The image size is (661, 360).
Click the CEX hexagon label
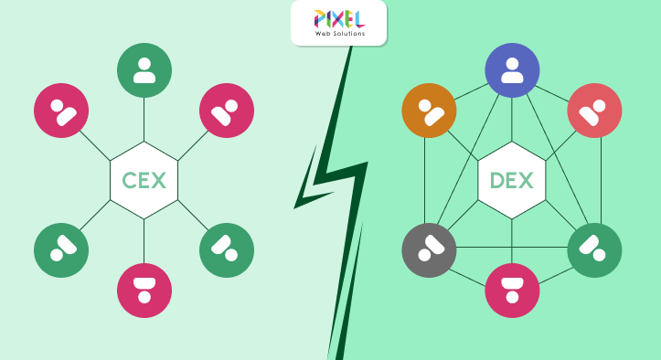click(144, 180)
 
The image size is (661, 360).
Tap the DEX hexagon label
click(512, 180)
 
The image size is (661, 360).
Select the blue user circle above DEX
click(512, 70)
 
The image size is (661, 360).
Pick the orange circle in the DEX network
click(429, 111)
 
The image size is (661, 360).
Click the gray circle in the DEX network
click(429, 249)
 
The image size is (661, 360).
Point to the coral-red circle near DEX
click(594, 111)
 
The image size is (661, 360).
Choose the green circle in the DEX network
click(594, 249)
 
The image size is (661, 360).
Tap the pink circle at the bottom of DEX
click(512, 291)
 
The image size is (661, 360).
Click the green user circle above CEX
click(144, 70)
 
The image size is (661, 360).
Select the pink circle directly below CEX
click(144, 291)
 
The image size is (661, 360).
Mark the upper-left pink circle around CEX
click(61, 111)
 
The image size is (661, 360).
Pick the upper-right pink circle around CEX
click(227, 111)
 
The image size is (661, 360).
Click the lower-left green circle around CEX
click(61, 249)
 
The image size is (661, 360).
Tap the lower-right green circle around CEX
click(227, 249)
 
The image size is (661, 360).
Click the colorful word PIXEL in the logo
click(338, 18)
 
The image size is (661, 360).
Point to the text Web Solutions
click(338, 34)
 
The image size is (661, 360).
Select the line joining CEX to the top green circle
click(144, 119)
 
